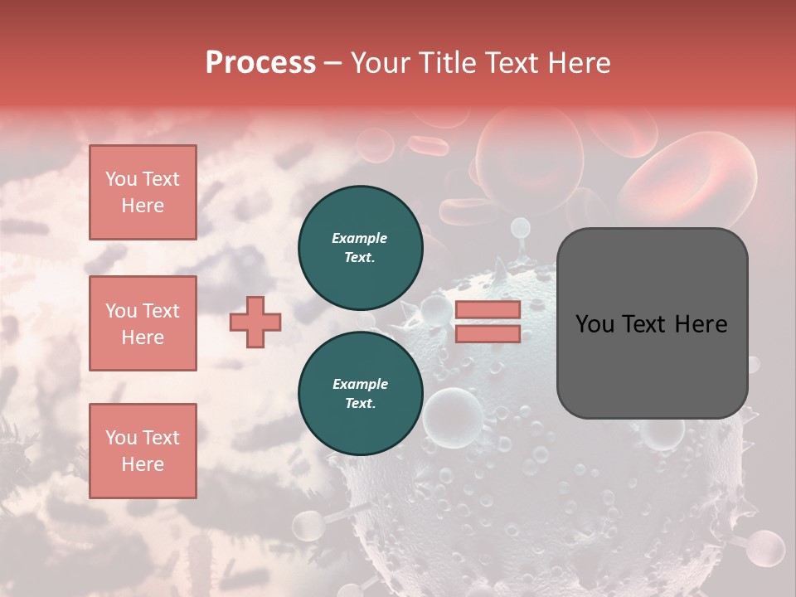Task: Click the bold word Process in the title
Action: point(260,63)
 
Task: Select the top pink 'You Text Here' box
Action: point(143,192)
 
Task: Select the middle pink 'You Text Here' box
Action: point(143,323)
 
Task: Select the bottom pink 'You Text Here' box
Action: point(143,451)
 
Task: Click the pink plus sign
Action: point(255,322)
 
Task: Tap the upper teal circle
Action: point(361,248)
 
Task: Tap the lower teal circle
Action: point(361,394)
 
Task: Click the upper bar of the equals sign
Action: point(488,310)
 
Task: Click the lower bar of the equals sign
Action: point(488,333)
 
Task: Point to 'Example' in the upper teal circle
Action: point(359,238)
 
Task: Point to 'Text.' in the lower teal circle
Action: point(360,404)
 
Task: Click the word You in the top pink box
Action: point(121,179)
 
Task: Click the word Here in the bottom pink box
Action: point(143,464)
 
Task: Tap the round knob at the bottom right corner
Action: point(764,548)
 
